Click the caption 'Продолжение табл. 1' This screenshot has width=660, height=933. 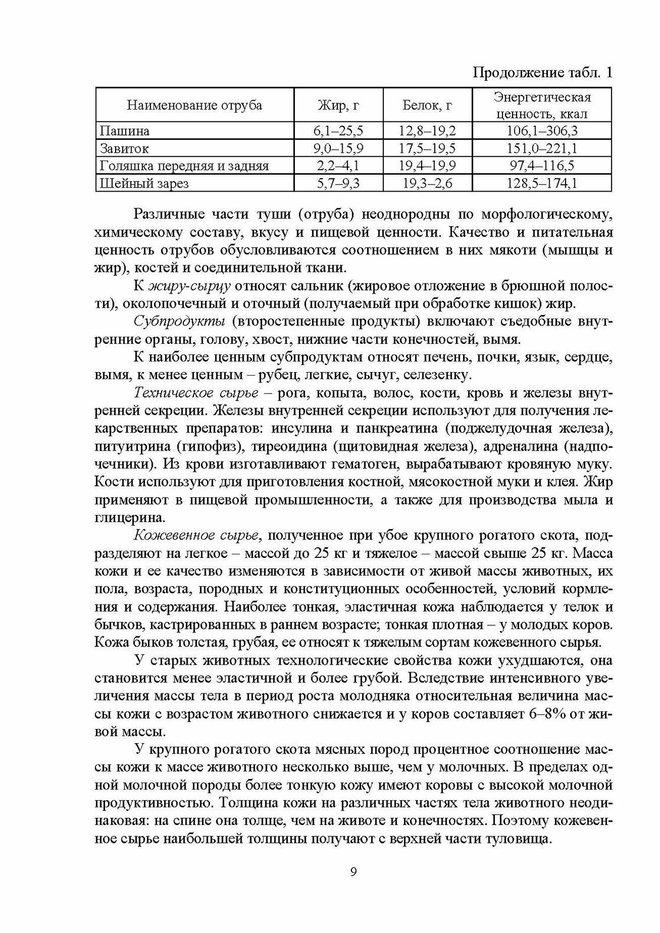[x=543, y=73]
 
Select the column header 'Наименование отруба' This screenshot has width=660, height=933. [x=195, y=106]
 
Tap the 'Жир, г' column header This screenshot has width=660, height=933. [x=338, y=106]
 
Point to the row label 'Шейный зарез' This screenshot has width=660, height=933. [x=144, y=183]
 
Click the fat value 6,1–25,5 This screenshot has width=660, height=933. [x=338, y=130]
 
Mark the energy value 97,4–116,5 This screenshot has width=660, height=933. [x=542, y=166]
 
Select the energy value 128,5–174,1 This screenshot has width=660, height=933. [x=542, y=183]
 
